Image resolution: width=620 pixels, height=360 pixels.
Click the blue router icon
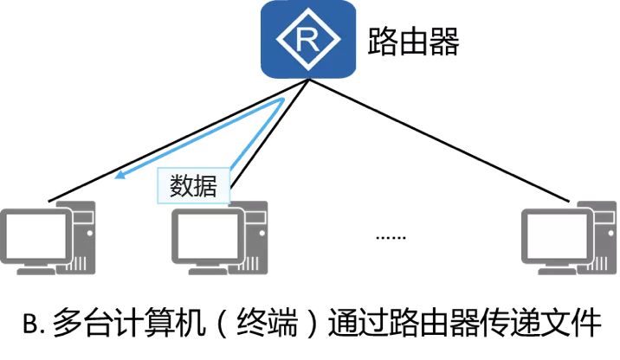(x=308, y=39)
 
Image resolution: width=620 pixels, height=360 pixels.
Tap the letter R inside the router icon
(x=308, y=39)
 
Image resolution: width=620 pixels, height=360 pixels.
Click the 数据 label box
(x=194, y=185)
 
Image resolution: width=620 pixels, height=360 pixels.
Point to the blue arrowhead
(x=123, y=177)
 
